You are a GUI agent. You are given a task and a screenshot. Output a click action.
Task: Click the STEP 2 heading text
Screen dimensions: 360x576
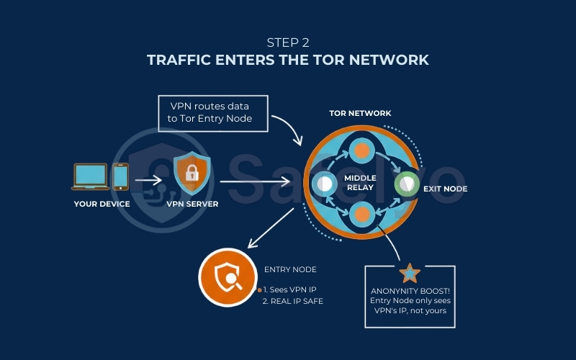pos(287,42)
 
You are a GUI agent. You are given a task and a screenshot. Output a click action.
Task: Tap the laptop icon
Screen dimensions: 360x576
pos(91,176)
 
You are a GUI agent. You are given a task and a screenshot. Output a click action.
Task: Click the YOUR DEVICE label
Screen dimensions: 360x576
pos(102,204)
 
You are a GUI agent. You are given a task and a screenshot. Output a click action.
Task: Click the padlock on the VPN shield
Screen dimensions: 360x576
pos(192,174)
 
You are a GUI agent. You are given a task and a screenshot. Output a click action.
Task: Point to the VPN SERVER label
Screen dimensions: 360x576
pos(192,204)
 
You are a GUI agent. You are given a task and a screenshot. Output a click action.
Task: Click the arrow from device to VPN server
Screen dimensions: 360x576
pos(148,180)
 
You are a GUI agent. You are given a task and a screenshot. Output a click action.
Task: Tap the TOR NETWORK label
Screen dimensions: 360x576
pos(360,114)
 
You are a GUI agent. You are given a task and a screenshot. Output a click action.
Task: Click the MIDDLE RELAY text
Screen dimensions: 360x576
pos(360,183)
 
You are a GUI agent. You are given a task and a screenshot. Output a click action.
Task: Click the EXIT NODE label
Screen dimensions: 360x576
pos(446,189)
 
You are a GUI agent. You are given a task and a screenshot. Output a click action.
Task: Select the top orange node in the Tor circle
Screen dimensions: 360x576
pos(360,150)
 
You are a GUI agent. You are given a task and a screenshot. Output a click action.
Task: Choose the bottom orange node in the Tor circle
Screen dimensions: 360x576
pos(360,215)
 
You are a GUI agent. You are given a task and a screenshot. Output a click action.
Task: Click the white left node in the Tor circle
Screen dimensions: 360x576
pos(323,184)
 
